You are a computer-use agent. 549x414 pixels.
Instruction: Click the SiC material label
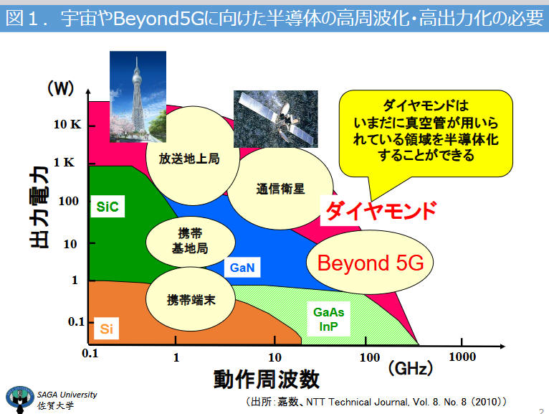pyautogui.click(x=108, y=207)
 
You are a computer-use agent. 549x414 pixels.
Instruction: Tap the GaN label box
pyautogui.click(x=242, y=268)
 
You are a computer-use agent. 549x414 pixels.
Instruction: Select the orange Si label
pyautogui.click(x=107, y=329)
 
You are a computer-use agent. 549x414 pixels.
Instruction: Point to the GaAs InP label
pyautogui.click(x=328, y=319)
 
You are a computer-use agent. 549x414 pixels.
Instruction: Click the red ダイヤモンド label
pyautogui.click(x=381, y=210)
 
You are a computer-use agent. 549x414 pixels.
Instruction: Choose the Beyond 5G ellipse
pyautogui.click(x=370, y=262)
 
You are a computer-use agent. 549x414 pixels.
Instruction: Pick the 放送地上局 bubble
pyautogui.click(x=192, y=156)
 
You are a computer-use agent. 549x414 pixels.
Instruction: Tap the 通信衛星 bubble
pyautogui.click(x=280, y=189)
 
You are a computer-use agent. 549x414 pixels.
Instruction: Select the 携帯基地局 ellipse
pyautogui.click(x=190, y=242)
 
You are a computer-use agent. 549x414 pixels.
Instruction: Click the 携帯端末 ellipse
pyautogui.click(x=191, y=299)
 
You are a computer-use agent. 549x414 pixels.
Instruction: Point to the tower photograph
pyautogui.click(x=138, y=96)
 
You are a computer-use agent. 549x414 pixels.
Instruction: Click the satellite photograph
pyautogui.click(x=275, y=119)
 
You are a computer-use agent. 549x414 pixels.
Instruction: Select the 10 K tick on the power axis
pyautogui.click(x=92, y=126)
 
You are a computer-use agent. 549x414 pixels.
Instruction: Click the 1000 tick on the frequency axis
pyautogui.click(x=462, y=342)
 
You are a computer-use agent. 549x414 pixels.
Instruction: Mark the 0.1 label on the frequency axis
pyautogui.click(x=90, y=353)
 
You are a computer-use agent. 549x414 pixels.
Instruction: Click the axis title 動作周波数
pyautogui.click(x=267, y=379)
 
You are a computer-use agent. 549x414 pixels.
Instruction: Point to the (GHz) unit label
pyautogui.click(x=411, y=368)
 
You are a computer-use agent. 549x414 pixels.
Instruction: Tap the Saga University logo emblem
pyautogui.click(x=20, y=399)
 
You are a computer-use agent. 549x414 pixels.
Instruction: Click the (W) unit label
pyautogui.click(x=61, y=88)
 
